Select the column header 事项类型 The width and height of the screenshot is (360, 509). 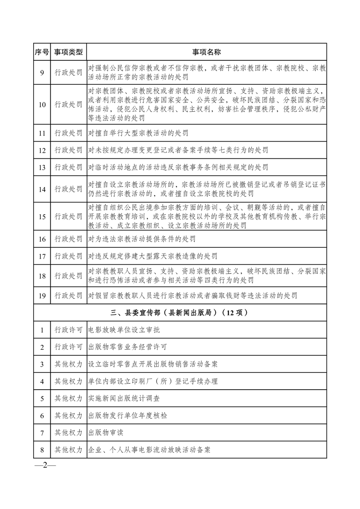coord(69,52)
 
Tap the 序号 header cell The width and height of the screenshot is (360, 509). coord(42,52)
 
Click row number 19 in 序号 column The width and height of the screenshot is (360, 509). coord(42,296)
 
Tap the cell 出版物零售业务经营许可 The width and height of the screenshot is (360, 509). coord(128,347)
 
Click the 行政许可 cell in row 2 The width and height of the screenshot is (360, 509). coord(69,347)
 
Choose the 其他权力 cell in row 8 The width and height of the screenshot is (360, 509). coord(69,450)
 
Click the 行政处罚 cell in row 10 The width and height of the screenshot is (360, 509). coord(69,105)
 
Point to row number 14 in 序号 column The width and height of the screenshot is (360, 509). coord(42,190)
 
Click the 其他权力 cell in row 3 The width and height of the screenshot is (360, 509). coord(69,364)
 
